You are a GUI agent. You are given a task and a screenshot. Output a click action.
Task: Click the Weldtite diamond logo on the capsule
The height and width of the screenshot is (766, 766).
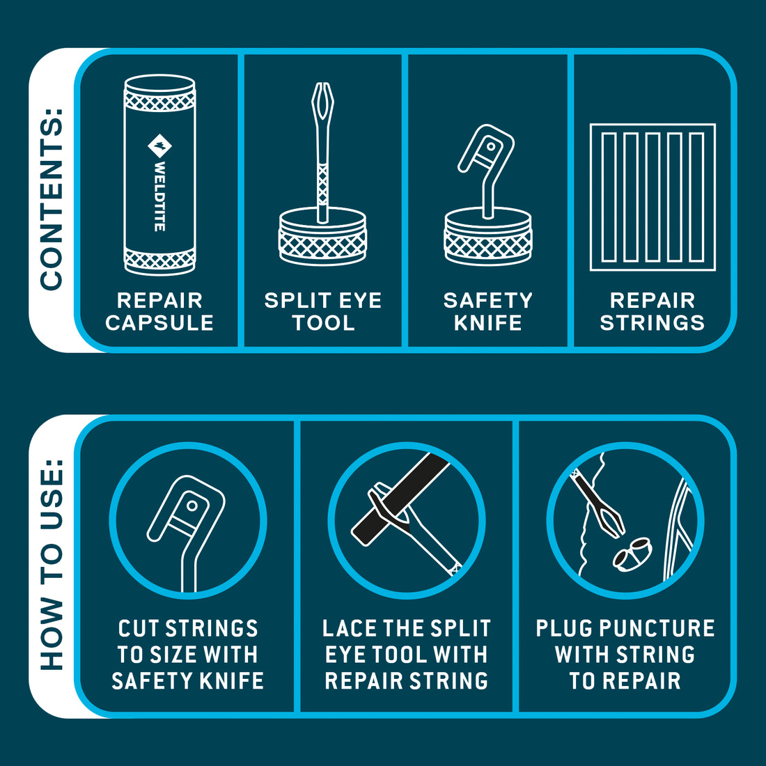coord(159,146)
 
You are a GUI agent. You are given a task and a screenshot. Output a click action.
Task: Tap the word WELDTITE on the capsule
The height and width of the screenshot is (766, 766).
coord(159,196)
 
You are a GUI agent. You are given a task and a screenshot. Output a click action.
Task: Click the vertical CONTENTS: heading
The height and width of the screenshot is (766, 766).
coord(52,199)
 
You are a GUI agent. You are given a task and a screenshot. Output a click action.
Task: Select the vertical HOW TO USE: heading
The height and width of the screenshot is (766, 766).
coord(52,564)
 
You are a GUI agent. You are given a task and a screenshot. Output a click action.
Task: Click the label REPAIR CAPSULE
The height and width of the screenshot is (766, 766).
coord(159,312)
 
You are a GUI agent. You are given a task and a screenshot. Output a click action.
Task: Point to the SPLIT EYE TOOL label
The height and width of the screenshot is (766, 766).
coord(323,312)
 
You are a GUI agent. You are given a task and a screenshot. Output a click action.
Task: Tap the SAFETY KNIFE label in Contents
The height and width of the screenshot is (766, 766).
coord(487,312)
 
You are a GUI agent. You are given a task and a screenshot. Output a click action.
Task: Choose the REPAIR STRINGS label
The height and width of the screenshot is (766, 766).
coord(652,312)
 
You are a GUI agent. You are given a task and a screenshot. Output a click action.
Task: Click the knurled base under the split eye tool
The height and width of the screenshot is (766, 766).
coord(322,237)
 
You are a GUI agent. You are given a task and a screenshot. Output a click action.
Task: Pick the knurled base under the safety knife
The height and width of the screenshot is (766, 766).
coord(488,237)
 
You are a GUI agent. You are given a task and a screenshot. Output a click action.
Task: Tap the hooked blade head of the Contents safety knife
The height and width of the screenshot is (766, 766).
coord(486,148)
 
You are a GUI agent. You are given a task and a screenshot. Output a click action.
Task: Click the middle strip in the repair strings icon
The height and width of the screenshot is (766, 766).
coord(652,197)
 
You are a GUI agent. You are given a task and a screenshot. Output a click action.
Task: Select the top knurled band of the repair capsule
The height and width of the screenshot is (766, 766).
coord(159,101)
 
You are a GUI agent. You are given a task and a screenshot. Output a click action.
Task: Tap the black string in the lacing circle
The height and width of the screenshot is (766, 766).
coord(400,499)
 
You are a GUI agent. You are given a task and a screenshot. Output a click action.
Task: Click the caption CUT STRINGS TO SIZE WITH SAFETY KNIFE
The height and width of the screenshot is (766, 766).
coord(187,655)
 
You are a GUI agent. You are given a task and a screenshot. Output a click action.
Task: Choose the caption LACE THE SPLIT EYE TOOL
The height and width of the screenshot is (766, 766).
coord(407,641)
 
